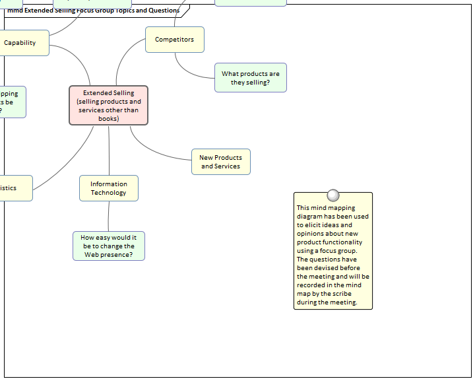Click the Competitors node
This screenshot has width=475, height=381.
click(174, 40)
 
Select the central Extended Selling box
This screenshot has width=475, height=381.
click(108, 105)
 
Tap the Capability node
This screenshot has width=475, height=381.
click(21, 43)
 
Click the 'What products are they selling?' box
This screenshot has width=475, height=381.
click(250, 78)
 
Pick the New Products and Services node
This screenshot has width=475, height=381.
click(220, 162)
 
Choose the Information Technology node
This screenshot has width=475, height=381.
click(108, 188)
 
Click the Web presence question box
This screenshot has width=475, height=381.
click(108, 246)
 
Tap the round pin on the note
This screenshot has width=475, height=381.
click(333, 195)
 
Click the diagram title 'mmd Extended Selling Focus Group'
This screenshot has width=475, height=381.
click(92, 11)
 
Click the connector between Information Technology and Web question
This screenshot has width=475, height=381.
click(108, 216)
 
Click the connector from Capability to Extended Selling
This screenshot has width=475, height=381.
click(79, 56)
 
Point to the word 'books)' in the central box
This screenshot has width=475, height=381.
click(108, 119)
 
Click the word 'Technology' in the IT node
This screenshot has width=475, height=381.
click(108, 193)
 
